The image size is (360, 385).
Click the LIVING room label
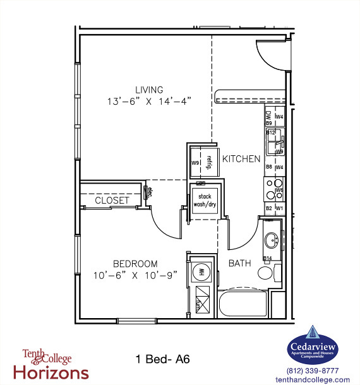pyautogui.click(x=149, y=90)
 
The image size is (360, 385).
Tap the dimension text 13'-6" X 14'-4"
pyautogui.click(x=149, y=101)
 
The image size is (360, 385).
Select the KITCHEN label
pyautogui.click(x=241, y=159)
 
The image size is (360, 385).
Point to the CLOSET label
pyautogui.click(x=112, y=201)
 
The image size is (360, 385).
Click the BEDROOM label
pyautogui.click(x=135, y=264)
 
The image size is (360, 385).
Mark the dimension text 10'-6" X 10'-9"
pyautogui.click(x=135, y=275)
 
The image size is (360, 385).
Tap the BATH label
pyautogui.click(x=240, y=263)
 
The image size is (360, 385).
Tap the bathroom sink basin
pyautogui.click(x=272, y=240)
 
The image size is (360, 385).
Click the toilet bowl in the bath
pyautogui.click(x=266, y=273)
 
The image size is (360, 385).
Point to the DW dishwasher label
pyautogui.click(x=268, y=115)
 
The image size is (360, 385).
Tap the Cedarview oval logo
pyautogui.click(x=313, y=346)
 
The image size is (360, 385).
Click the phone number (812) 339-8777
pyautogui.click(x=313, y=370)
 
